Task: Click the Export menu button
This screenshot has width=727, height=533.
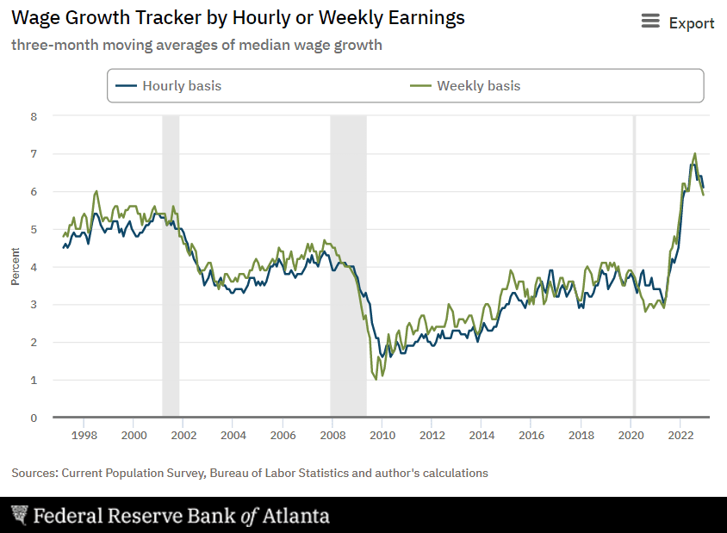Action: (x=678, y=23)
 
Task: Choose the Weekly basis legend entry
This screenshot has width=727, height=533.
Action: (x=465, y=86)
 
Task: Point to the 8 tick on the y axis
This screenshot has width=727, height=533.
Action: (x=34, y=115)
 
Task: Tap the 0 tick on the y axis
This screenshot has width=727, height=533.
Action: (x=34, y=418)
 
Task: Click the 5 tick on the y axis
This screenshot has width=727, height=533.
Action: (x=34, y=229)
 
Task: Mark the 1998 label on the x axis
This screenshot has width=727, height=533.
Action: (x=84, y=435)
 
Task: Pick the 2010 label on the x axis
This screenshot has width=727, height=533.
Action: (x=382, y=435)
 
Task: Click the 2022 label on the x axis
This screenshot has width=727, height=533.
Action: (x=680, y=435)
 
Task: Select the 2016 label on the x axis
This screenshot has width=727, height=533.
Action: (x=531, y=435)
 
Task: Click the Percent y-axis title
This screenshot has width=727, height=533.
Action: (x=16, y=267)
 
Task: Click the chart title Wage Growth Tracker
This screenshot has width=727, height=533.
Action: (x=238, y=18)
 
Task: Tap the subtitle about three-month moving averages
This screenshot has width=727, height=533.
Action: (x=196, y=45)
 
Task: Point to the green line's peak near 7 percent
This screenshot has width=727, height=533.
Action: (x=695, y=154)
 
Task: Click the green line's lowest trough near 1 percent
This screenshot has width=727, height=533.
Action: (x=376, y=379)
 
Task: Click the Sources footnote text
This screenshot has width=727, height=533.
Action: (x=250, y=473)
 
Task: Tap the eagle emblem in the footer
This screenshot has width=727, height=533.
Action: (x=19, y=516)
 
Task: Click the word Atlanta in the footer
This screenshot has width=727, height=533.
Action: (x=296, y=516)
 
